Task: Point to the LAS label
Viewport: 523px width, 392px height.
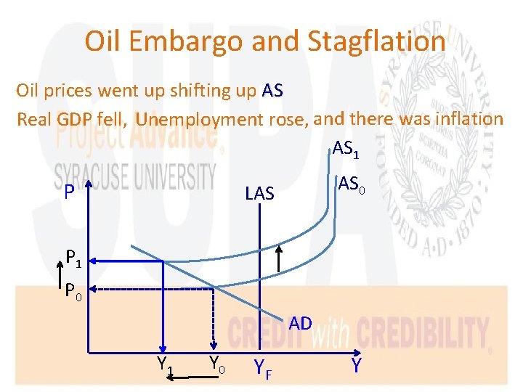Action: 259,193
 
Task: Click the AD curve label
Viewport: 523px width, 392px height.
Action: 299,323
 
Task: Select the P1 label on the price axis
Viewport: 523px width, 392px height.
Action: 74,257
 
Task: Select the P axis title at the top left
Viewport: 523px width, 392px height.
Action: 68,193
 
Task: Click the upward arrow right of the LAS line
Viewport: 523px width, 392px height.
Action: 280,259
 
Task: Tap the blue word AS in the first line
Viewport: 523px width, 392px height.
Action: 272,91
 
